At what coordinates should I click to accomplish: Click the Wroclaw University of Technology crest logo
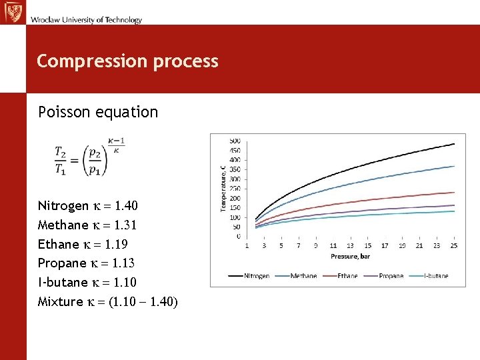pyautogui.click(x=13, y=12)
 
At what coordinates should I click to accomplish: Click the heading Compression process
pyautogui.click(x=127, y=61)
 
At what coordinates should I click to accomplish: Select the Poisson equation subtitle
pyautogui.click(x=98, y=112)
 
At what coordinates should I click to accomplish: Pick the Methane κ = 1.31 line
pyautogui.click(x=87, y=225)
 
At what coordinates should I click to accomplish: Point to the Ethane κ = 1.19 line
pyautogui.click(x=83, y=244)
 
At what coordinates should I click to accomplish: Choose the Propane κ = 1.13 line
pyautogui.click(x=87, y=263)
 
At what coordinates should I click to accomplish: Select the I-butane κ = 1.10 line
pyautogui.click(x=87, y=283)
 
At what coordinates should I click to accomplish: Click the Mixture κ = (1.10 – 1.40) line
pyautogui.click(x=107, y=302)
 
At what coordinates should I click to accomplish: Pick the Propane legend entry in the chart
pyautogui.click(x=385, y=276)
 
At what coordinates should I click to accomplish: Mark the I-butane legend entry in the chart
pyautogui.click(x=430, y=276)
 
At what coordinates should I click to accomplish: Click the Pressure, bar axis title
pyautogui.click(x=351, y=257)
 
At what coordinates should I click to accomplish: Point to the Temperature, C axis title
pyautogui.click(x=223, y=189)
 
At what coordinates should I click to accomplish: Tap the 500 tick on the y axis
pyautogui.click(x=235, y=141)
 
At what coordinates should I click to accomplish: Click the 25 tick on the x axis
pyautogui.click(x=454, y=246)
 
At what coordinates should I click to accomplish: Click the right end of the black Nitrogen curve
pyautogui.click(x=454, y=144)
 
